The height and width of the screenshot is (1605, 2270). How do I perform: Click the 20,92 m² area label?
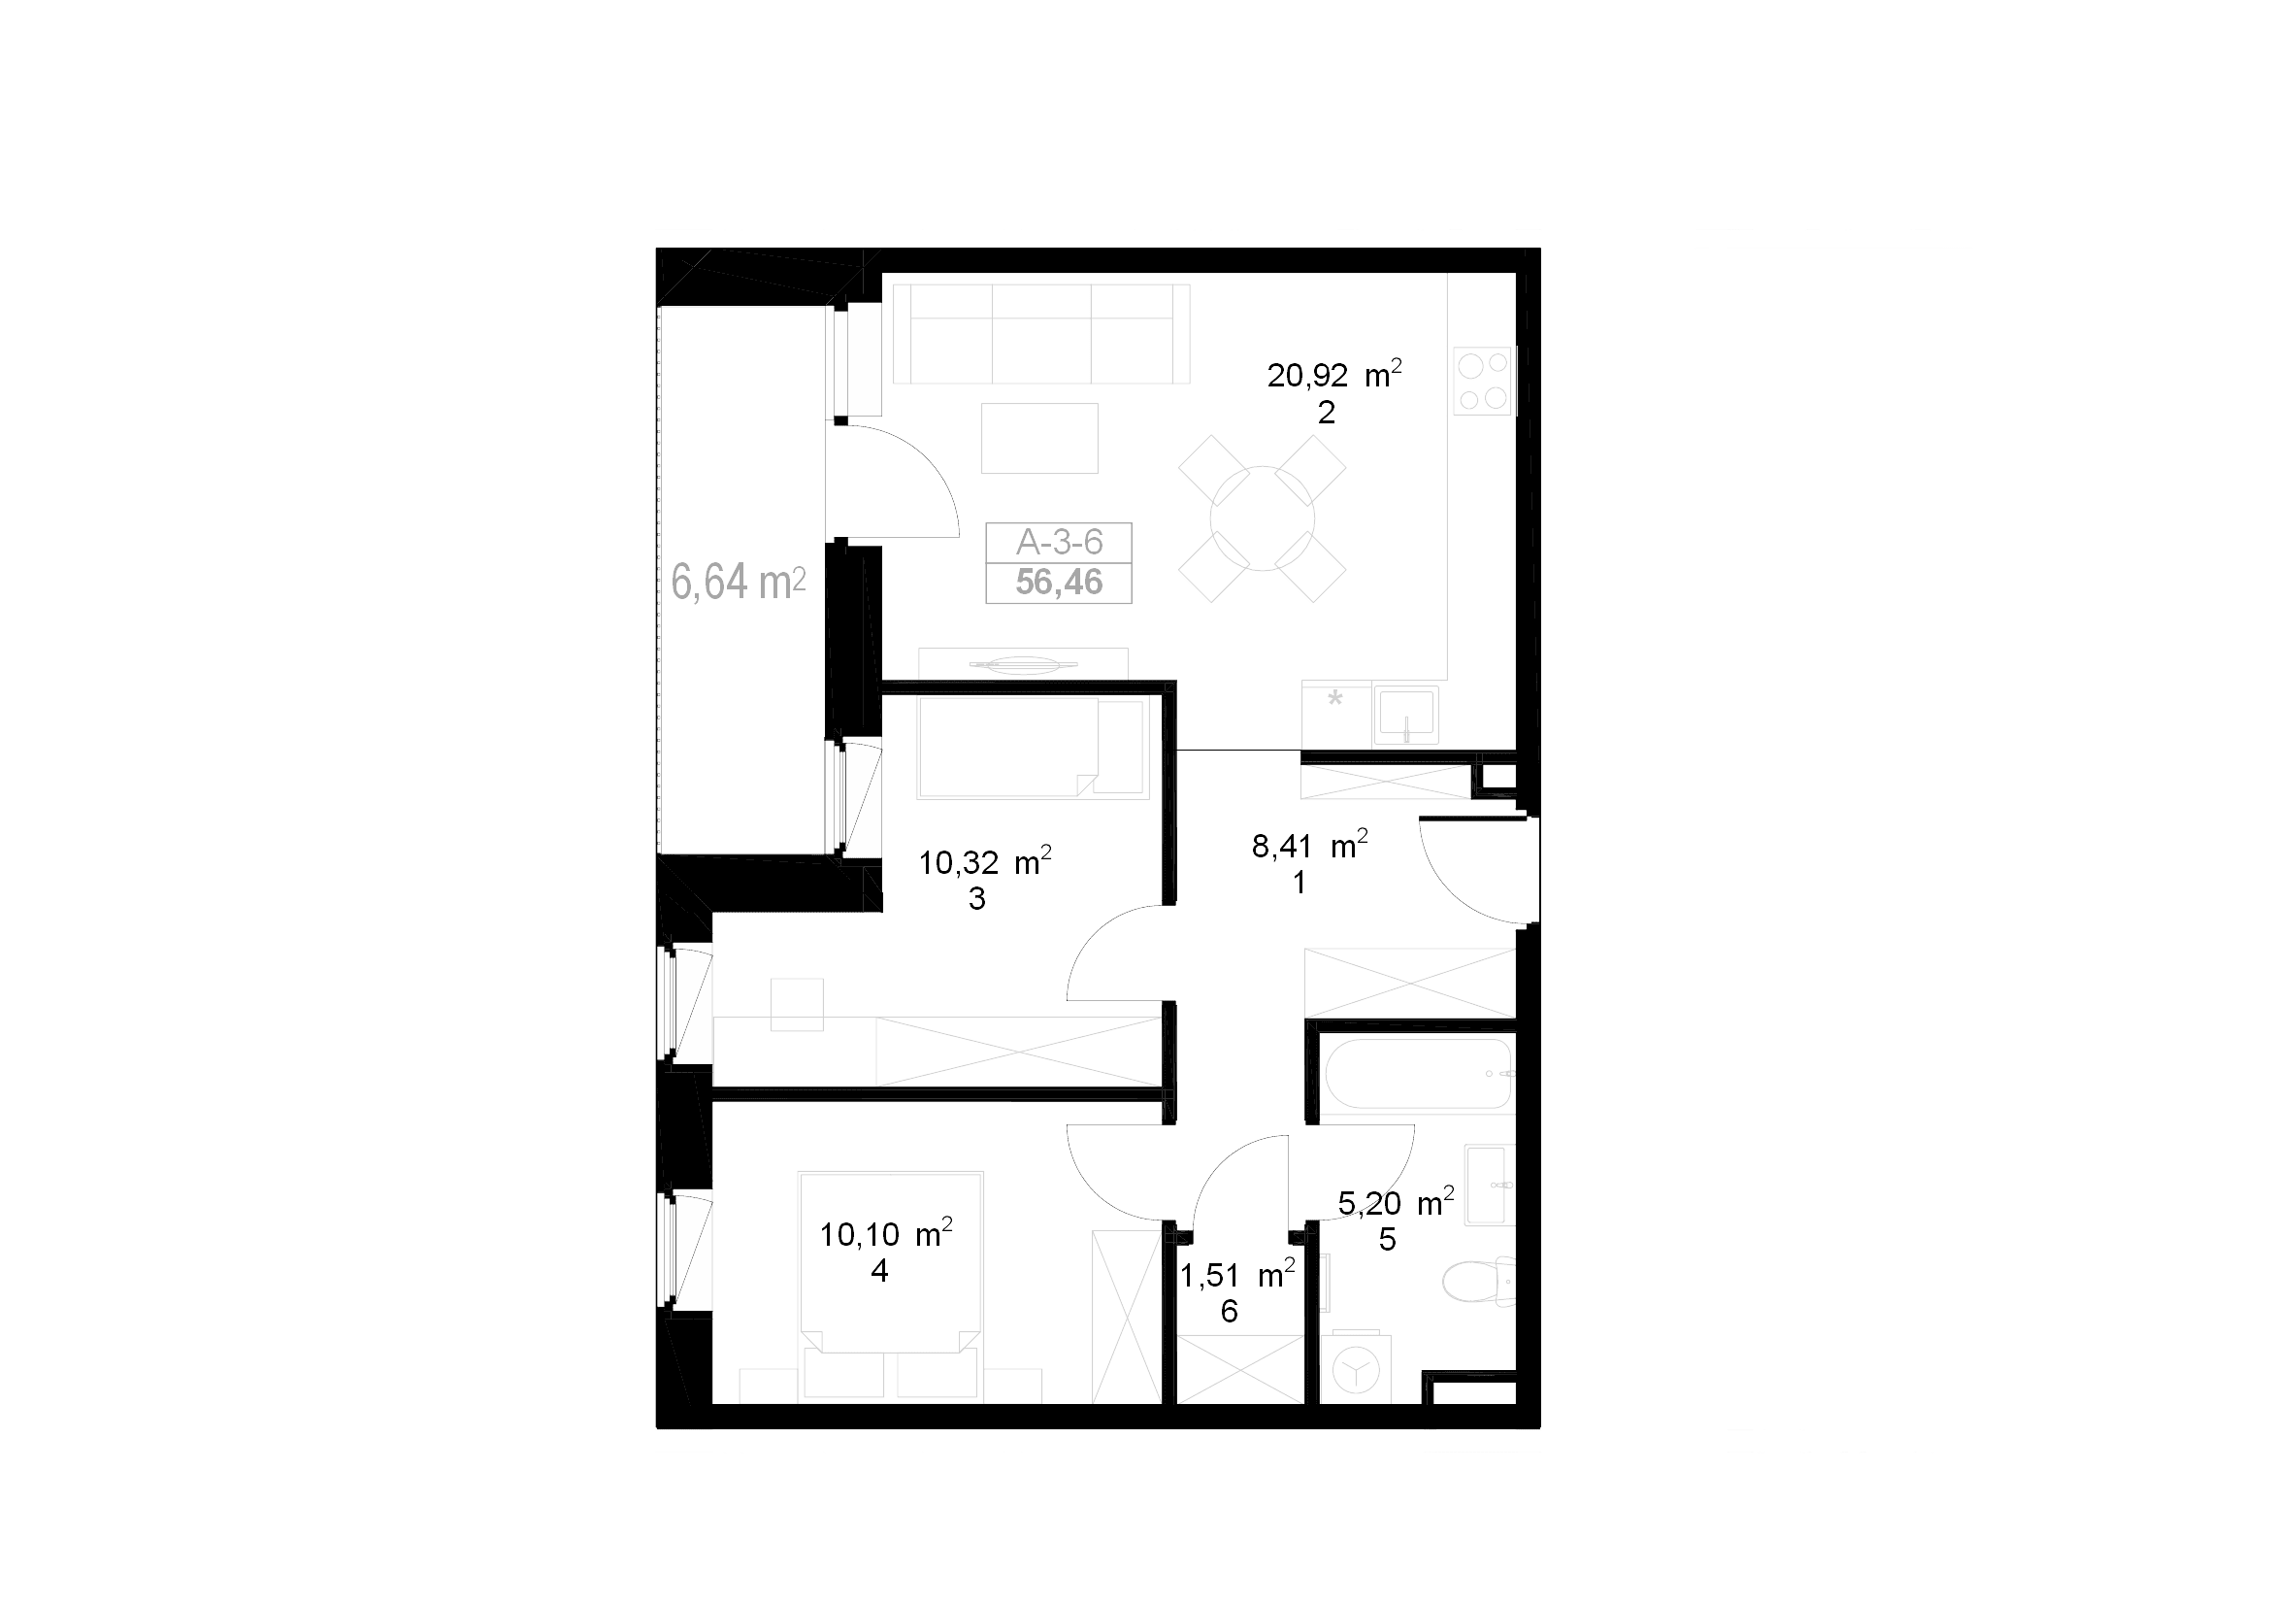1334,375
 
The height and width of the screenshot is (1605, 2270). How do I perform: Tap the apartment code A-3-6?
1059,542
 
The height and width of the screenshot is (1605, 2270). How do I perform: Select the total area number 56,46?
1059,583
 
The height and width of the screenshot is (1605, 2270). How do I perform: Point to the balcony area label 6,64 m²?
739,582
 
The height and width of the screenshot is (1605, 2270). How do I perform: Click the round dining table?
1263,518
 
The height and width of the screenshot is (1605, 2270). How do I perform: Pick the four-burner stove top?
1484,381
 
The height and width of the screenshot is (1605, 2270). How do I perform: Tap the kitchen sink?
1405,716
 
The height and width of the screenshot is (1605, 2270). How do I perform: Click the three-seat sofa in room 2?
1041,333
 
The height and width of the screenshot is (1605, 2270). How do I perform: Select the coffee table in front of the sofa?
1040,438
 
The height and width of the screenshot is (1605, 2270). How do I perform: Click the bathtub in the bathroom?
1418,1074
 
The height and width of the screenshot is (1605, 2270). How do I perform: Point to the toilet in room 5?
1478,1283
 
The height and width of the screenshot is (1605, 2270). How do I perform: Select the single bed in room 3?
1034,749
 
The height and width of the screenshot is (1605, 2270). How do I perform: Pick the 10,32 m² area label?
985,861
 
